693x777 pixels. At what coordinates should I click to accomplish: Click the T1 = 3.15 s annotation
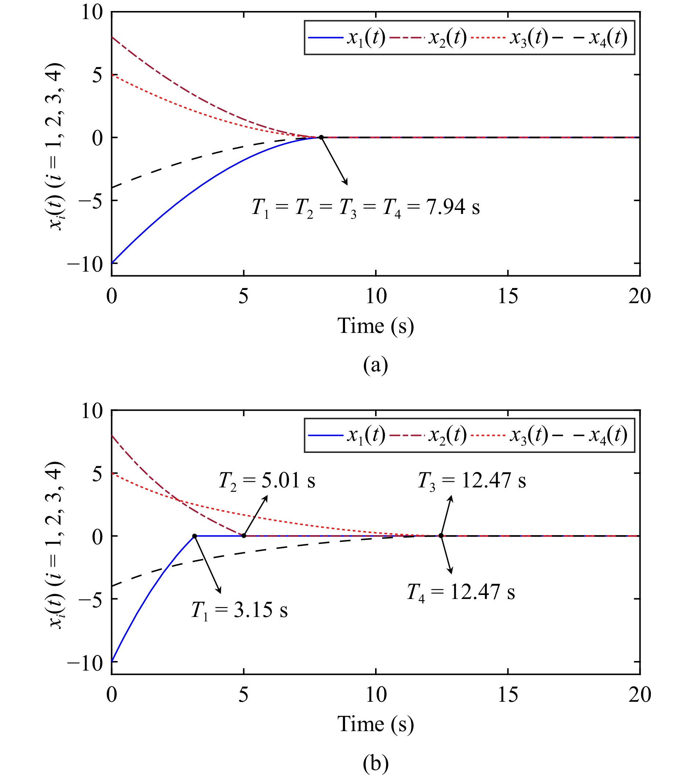click(239, 610)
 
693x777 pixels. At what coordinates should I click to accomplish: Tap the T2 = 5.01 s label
click(267, 480)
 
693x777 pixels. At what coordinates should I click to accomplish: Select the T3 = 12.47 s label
click(472, 480)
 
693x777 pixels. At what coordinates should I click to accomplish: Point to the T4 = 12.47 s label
click(461, 592)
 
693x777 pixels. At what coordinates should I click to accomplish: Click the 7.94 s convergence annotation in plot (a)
click(366, 208)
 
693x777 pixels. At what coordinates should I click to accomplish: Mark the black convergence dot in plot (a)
click(321, 137)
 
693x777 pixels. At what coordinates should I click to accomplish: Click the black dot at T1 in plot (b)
click(194, 536)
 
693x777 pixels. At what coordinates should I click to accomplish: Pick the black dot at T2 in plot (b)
click(244, 536)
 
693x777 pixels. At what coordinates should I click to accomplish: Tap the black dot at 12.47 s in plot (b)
click(441, 535)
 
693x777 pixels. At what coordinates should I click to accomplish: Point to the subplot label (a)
click(375, 365)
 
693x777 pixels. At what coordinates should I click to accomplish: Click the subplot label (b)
click(375, 763)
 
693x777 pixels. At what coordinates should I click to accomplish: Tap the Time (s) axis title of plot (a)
click(375, 326)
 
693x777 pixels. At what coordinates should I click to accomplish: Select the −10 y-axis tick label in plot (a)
click(85, 264)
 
